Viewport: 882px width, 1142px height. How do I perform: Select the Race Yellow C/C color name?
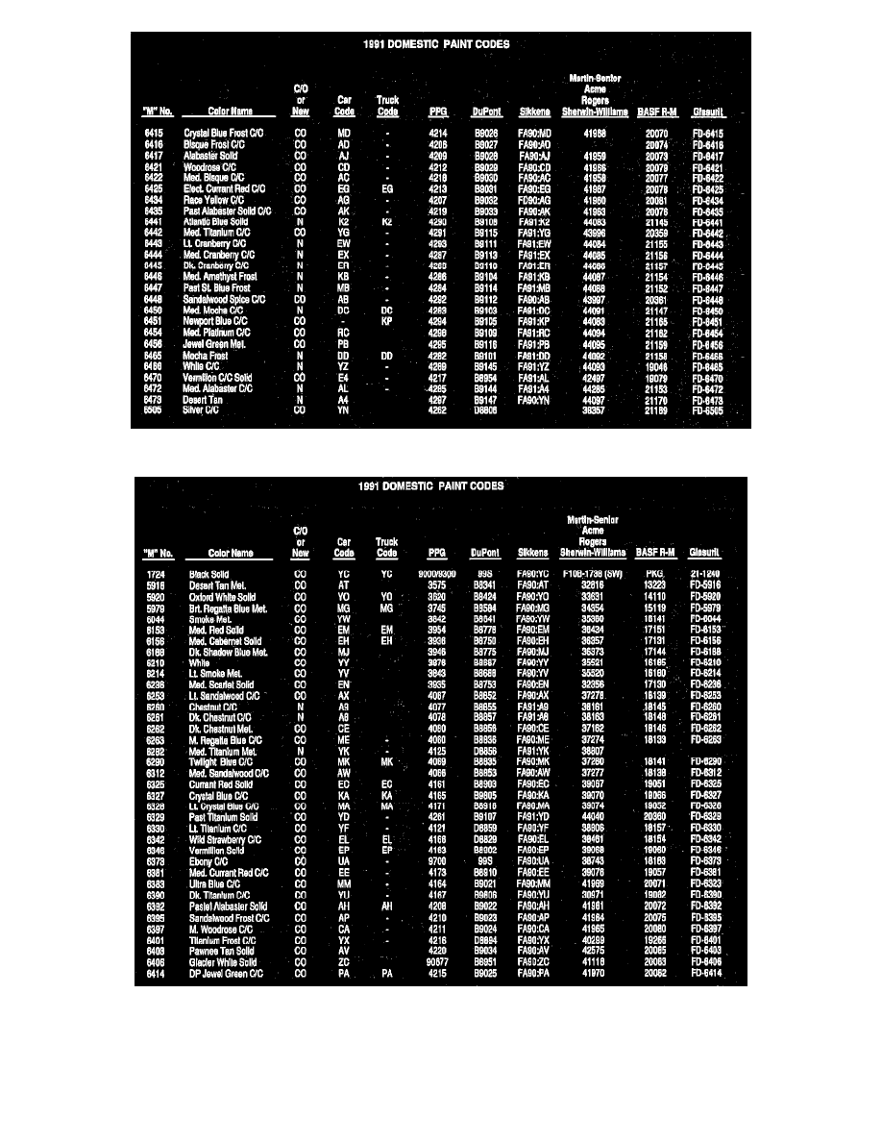[x=214, y=200]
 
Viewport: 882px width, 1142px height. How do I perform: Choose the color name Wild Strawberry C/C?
[x=225, y=840]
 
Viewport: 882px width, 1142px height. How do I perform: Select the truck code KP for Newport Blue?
[x=386, y=321]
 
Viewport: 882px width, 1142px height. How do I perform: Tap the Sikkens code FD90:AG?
[x=533, y=200]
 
